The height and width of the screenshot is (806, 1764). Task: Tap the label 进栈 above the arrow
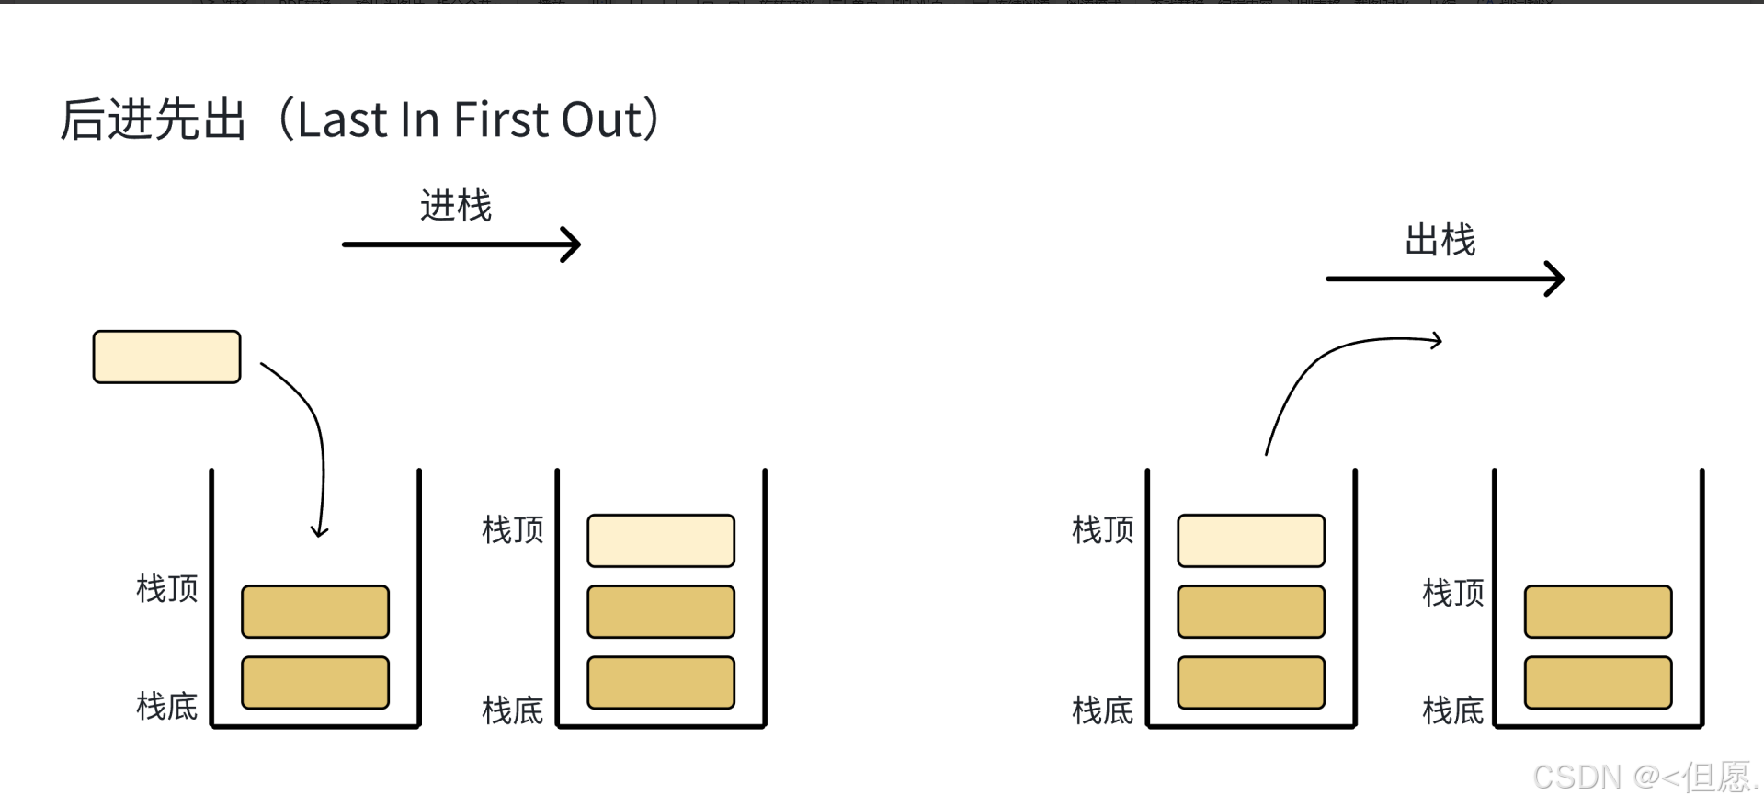pos(456,206)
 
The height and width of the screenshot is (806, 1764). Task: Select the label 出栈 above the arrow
pos(1440,241)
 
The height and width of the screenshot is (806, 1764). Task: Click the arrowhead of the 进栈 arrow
pos(574,244)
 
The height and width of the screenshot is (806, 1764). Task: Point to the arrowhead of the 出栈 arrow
pos(1556,278)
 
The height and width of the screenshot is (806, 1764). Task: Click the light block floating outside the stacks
pos(166,357)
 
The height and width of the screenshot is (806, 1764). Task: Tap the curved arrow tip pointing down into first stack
pos(319,531)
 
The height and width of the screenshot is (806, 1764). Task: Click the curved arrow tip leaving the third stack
pos(1437,341)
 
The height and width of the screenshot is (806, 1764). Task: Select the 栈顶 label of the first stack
pos(167,588)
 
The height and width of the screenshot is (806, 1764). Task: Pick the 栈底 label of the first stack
pos(167,707)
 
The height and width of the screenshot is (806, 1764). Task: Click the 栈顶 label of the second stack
pos(513,530)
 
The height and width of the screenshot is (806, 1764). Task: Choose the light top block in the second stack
pos(661,540)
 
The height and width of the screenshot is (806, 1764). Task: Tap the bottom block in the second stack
pos(661,683)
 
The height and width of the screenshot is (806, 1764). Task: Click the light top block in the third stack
pos(1251,540)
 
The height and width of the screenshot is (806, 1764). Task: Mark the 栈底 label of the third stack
pos(1102,710)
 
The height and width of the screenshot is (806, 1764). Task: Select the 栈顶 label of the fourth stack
pos(1453,593)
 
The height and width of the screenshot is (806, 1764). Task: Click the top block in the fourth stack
pos(1598,611)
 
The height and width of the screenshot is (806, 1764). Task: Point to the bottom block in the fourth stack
pos(1598,683)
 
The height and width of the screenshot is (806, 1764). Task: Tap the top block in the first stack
pos(315,611)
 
